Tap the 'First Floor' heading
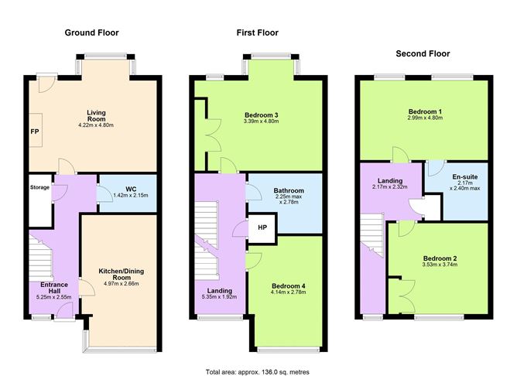pyautogui.click(x=257, y=33)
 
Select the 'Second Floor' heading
pyautogui.click(x=423, y=54)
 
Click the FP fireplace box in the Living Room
pyautogui.click(x=36, y=132)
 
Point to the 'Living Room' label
pyautogui.click(x=96, y=115)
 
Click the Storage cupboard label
pyautogui.click(x=39, y=187)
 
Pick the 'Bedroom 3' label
pyautogui.click(x=260, y=115)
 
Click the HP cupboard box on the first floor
pyautogui.click(x=262, y=229)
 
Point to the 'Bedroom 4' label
pyautogui.click(x=288, y=286)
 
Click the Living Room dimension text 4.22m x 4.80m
pyautogui.click(x=96, y=125)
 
